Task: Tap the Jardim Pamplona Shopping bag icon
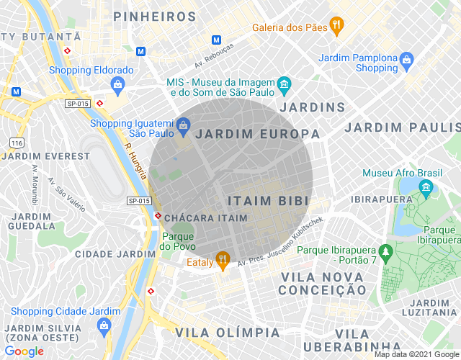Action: pos(407,58)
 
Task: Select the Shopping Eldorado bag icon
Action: pos(117,84)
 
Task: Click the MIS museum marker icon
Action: pos(284,84)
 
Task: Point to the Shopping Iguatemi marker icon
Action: pos(183,126)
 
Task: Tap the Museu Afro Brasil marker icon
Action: pos(426,188)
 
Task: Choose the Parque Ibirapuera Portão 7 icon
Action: pos(387,251)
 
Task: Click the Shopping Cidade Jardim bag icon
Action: pos(104,325)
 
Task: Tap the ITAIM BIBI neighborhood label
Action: pos(268,200)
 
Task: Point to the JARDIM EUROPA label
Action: pos(258,134)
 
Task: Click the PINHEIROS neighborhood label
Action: pos(155,16)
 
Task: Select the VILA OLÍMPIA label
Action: pos(227,333)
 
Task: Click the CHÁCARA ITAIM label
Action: pos(205,217)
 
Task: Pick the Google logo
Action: pos(23,351)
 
